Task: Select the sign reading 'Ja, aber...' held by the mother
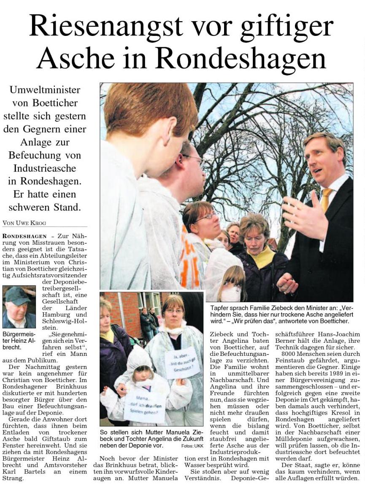(182, 362)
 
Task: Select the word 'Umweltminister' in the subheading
(45, 90)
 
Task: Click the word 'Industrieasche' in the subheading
(45, 168)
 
